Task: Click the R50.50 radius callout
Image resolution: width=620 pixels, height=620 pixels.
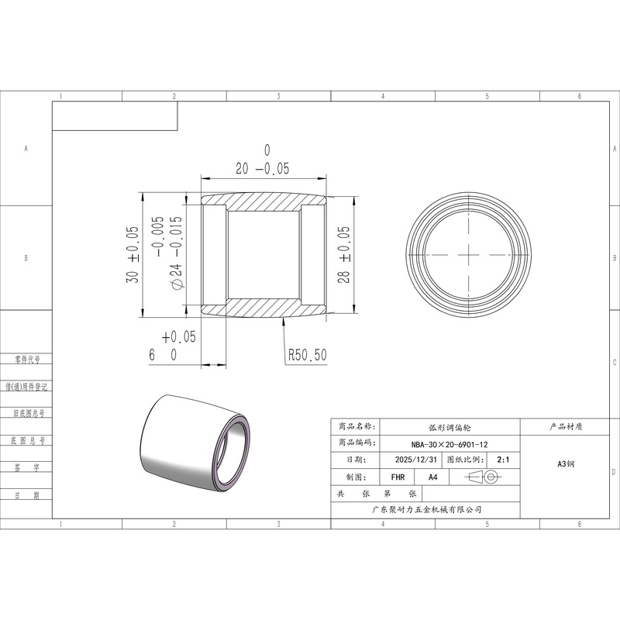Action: click(307, 355)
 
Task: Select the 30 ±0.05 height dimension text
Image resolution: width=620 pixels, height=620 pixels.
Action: click(133, 254)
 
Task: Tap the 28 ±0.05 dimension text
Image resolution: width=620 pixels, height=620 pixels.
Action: click(344, 254)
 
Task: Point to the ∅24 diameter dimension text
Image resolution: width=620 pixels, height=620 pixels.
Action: click(177, 253)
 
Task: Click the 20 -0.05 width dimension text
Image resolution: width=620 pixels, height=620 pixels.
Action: click(263, 168)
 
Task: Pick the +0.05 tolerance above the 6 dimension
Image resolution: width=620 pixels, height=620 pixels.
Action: click(179, 337)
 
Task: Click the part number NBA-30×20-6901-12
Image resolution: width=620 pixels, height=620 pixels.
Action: click(449, 444)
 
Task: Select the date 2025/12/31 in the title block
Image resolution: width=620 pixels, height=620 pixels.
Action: click(416, 460)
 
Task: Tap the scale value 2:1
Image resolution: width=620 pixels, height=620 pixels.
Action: click(503, 460)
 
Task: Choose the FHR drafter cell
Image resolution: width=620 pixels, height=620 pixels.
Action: click(398, 477)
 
